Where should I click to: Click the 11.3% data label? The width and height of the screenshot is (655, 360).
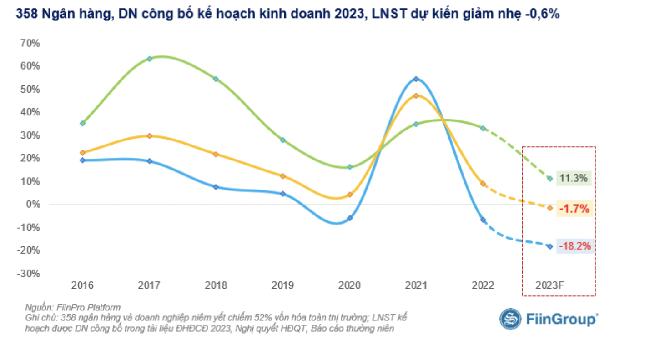574,178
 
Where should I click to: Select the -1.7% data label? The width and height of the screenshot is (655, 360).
574,209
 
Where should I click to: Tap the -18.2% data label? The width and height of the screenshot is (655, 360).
575,246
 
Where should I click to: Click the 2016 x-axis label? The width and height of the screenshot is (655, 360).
82,285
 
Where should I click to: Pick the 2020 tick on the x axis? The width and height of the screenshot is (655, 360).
349,285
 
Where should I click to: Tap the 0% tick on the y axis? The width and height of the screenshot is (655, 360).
33,205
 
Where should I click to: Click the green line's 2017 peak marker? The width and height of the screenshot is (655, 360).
149,59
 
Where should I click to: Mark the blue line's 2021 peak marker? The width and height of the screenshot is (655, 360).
416,79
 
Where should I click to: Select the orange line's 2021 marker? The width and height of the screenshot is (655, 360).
416,96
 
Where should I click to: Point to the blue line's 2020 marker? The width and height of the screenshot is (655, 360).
349,218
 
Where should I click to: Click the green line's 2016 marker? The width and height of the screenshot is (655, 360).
82,123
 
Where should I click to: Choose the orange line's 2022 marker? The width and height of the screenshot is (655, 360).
483,184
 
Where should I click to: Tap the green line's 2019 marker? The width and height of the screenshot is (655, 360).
282,140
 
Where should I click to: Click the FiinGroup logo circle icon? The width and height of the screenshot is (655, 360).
510,319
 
